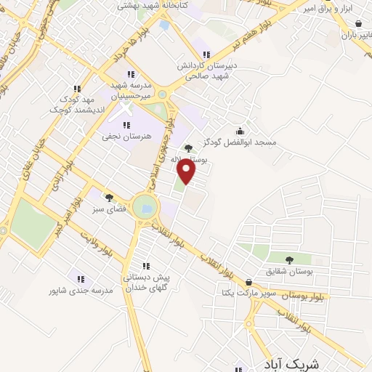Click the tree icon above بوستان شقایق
coord(289,259)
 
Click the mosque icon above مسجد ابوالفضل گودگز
coord(240,131)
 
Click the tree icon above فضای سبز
coord(110,197)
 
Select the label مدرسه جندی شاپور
coord(81,290)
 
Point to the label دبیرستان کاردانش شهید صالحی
coord(207,70)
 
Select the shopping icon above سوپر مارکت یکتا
coord(249,283)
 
